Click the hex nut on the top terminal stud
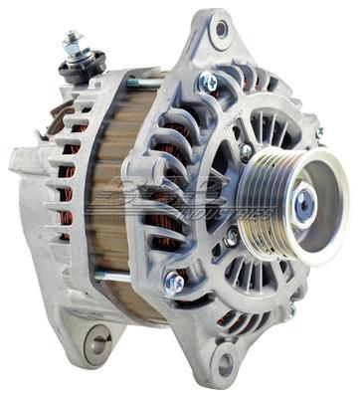[x=72, y=46]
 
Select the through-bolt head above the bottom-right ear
[x=175, y=284]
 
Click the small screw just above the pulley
[x=246, y=152]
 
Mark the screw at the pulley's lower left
[x=232, y=237]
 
